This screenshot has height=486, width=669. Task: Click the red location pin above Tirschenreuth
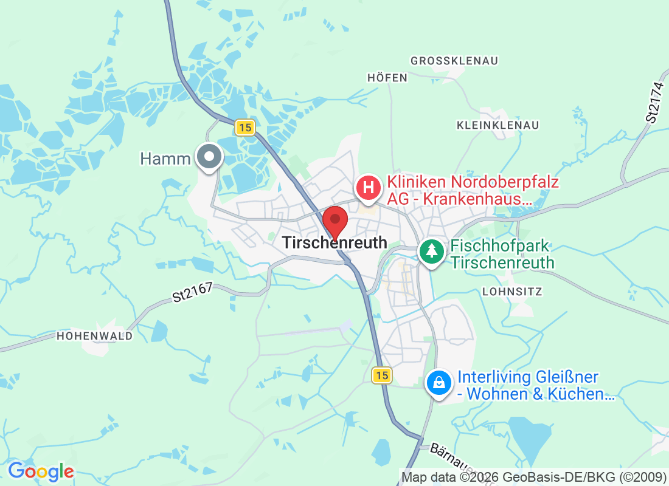point(334,221)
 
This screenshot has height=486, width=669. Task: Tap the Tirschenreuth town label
point(334,242)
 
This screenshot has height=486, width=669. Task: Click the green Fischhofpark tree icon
point(432,250)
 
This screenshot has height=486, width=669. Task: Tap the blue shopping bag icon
point(438,383)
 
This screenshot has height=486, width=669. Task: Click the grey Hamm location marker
point(209,157)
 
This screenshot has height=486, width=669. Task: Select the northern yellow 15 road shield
point(244,128)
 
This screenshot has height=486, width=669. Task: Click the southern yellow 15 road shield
point(381,375)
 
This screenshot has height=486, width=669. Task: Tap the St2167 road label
point(192,292)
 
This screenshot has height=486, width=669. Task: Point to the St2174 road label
point(653,104)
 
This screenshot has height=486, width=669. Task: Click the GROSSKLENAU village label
point(454,61)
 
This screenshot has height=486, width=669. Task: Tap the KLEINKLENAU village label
point(497,125)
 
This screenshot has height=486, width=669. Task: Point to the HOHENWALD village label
point(94,336)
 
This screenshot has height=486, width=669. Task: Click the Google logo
point(41,471)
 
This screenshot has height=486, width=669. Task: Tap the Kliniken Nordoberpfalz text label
point(473,190)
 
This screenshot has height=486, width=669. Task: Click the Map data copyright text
point(533,477)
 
